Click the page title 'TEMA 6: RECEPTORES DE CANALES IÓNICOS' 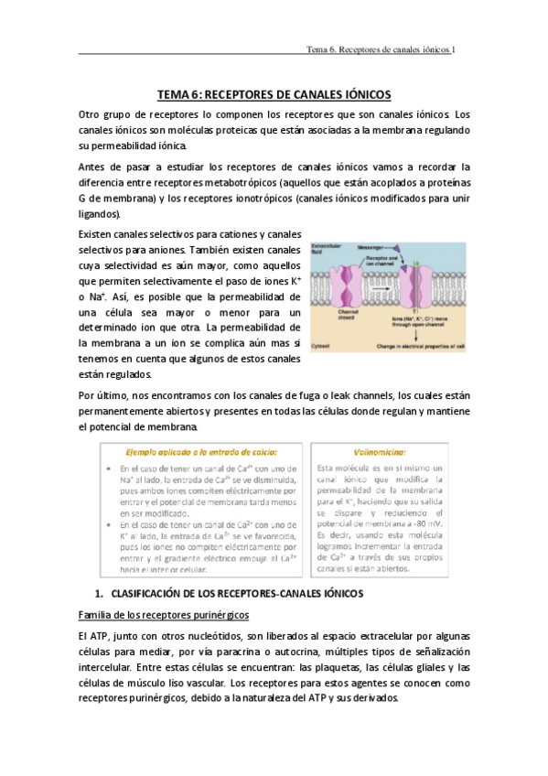coord(274,95)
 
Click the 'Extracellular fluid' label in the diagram coord(326,249)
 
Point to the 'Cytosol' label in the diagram coord(320,347)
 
